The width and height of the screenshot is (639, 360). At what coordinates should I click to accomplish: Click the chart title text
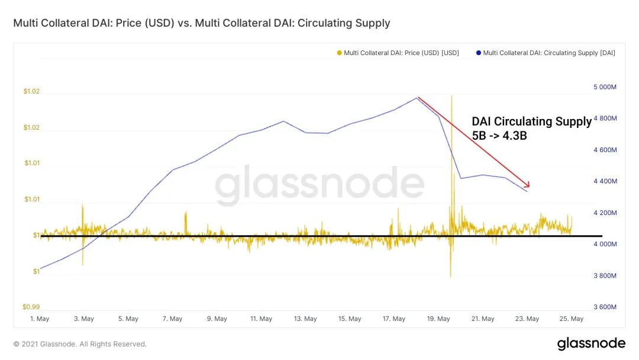(x=202, y=23)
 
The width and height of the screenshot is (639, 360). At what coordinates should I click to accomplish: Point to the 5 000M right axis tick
(x=605, y=87)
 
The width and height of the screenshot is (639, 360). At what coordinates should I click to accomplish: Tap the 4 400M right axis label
(x=605, y=181)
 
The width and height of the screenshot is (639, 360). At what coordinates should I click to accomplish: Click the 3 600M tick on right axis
(x=605, y=307)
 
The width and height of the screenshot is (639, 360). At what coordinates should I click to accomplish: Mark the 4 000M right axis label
(x=605, y=244)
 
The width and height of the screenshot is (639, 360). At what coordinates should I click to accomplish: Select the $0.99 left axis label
(x=31, y=307)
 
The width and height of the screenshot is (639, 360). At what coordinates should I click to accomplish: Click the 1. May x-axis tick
(x=40, y=319)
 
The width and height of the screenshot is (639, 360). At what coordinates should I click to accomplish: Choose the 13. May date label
(x=305, y=319)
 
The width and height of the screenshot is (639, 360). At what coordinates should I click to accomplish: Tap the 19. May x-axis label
(x=438, y=319)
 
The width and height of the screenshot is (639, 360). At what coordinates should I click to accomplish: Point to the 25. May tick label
(x=572, y=319)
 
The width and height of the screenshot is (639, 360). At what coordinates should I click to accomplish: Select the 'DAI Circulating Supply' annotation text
(x=531, y=121)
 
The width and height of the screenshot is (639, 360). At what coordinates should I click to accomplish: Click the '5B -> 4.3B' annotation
(x=499, y=136)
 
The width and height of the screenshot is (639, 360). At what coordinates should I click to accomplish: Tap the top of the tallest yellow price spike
(x=451, y=95)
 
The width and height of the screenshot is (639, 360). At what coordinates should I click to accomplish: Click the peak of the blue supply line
(x=417, y=98)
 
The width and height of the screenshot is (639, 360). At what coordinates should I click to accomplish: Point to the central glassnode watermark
(x=319, y=185)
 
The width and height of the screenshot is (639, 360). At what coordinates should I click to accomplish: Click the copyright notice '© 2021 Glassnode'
(x=80, y=344)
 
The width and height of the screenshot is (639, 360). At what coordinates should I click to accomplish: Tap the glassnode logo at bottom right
(x=590, y=343)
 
